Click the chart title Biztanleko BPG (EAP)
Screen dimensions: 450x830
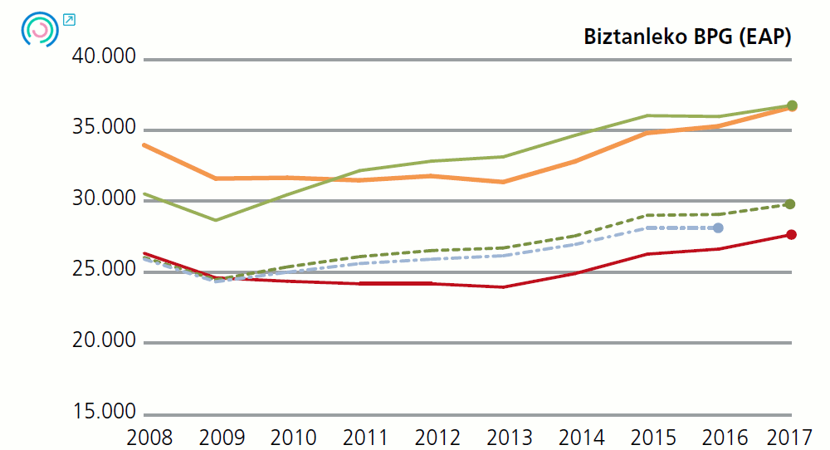point(686,37)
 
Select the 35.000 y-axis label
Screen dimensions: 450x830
point(105,129)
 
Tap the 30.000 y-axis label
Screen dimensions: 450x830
point(105,199)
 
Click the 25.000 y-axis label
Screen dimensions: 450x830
point(105,271)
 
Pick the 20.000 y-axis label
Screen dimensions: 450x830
point(105,341)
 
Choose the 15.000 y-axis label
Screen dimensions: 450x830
point(105,413)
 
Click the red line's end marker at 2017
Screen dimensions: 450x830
point(791,235)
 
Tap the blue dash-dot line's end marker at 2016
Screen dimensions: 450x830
point(719,228)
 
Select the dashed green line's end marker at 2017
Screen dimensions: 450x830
point(791,204)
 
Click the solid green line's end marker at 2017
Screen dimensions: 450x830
point(792,105)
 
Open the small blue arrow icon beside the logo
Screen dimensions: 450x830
point(69,19)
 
